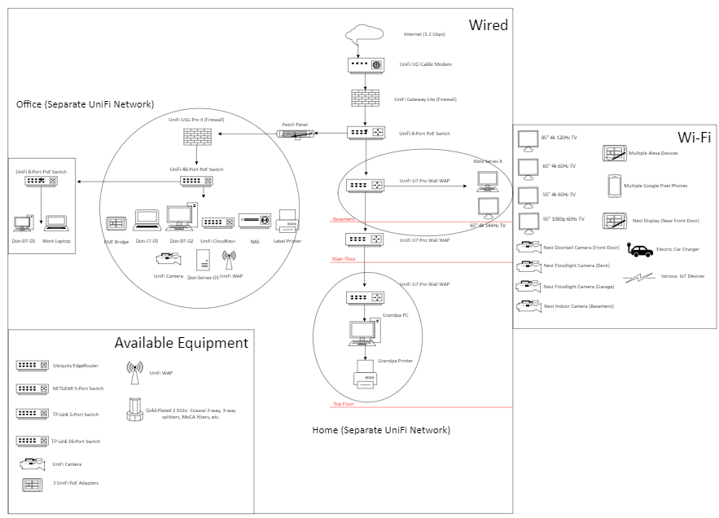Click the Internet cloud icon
(365, 34)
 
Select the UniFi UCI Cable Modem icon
(365, 64)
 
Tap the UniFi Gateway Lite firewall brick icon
(365, 99)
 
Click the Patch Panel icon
(293, 133)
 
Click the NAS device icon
(253, 222)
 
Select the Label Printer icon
(288, 221)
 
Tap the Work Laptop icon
(56, 222)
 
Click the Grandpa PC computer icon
(363, 331)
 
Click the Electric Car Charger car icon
(641, 251)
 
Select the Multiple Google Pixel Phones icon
(613, 187)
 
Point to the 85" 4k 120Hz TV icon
(528, 140)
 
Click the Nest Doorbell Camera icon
(528, 246)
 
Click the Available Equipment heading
(181, 343)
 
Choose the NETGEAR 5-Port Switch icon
(33, 388)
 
